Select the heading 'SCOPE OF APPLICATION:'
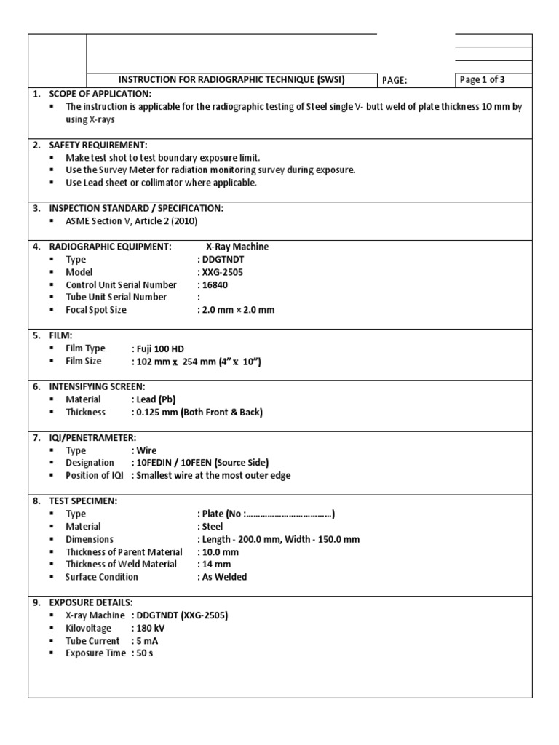(100, 94)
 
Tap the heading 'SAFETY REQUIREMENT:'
(98, 145)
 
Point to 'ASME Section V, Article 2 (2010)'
(131, 221)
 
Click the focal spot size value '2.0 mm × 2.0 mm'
(238, 310)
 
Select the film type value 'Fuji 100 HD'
(160, 348)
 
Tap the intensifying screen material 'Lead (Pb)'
(156, 399)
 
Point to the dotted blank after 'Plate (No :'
(289, 514)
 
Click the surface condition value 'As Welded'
(225, 577)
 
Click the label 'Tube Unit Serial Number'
(116, 297)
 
